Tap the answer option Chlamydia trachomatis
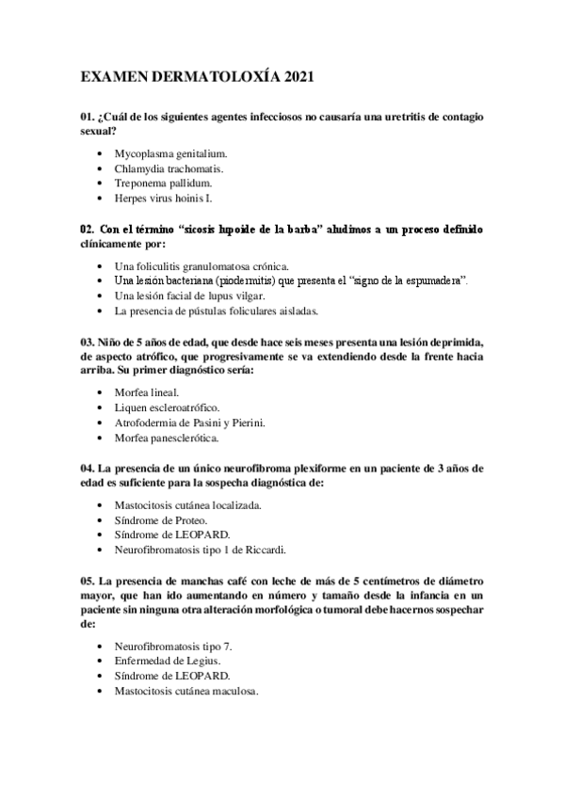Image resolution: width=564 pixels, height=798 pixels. point(169,168)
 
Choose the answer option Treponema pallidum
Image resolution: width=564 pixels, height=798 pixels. point(163,184)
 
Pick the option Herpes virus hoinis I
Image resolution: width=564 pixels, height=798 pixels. point(164,199)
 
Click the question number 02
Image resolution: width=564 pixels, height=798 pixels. point(87,229)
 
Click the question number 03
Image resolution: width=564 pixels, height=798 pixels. point(87,343)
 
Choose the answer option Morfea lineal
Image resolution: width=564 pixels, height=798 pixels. point(146,391)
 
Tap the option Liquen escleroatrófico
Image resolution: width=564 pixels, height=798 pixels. point(167,407)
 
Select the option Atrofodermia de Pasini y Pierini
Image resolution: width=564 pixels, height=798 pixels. point(189,423)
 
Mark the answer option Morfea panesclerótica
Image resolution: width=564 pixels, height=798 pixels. point(167,439)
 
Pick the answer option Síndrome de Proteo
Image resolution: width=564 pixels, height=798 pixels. point(161,520)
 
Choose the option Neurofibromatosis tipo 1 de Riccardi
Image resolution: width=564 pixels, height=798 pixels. point(199,551)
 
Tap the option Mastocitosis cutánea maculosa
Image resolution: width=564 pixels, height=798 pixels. point(185,692)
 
